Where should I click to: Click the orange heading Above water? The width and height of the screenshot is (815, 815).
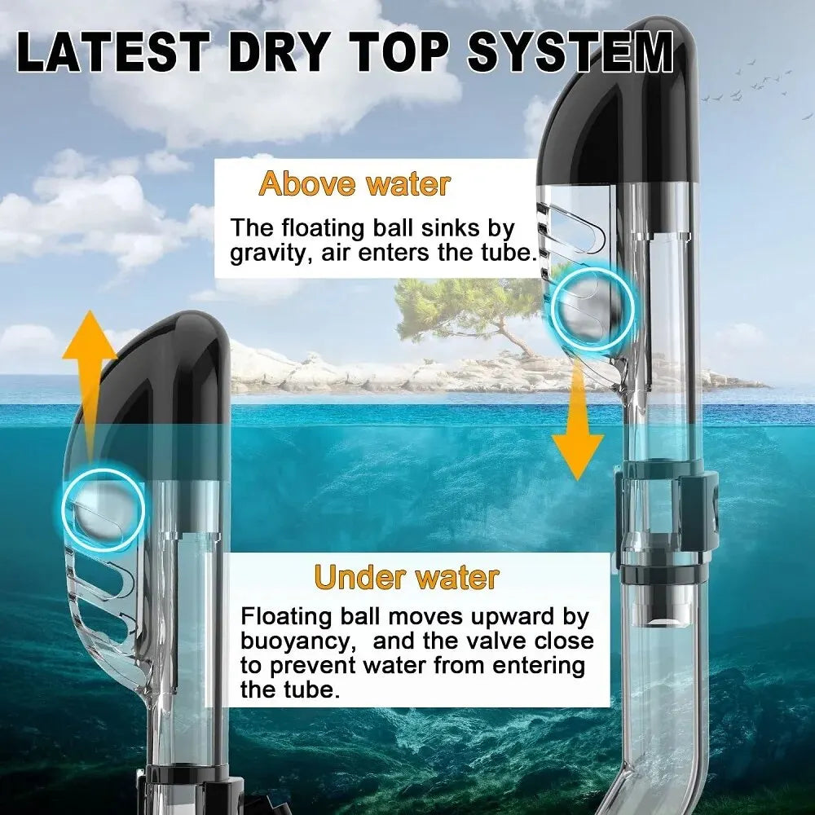[355, 183]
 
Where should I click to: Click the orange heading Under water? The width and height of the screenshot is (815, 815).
[407, 577]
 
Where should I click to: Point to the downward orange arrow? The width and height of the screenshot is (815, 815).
[578, 420]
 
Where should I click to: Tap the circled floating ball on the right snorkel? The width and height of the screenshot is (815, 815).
[593, 311]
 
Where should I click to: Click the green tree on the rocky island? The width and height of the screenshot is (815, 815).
[468, 312]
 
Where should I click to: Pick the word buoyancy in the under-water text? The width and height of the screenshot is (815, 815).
[297, 642]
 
